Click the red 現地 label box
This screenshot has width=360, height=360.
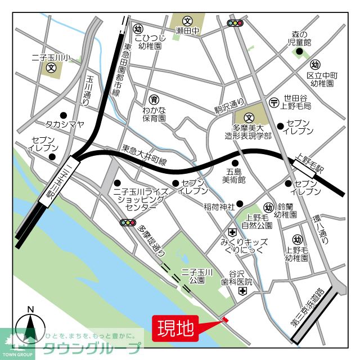174,327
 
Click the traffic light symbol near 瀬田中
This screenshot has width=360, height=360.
235,24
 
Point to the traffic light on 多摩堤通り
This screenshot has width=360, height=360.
128,223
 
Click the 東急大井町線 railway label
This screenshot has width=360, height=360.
145,156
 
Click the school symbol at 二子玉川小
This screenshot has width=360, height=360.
51,70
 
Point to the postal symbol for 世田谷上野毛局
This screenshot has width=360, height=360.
274,102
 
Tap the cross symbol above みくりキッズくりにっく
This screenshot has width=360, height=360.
232,232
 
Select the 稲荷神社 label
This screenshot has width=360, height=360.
219,206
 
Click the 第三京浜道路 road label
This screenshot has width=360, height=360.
307,308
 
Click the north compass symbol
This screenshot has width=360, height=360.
31,328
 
